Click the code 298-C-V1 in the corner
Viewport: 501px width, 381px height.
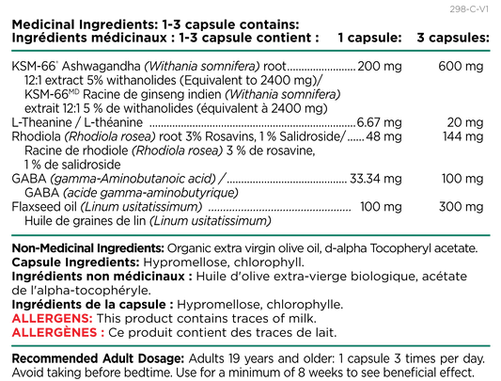click(469, 9)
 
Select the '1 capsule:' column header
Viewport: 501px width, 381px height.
click(369, 38)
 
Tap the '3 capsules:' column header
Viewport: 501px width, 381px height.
click(453, 38)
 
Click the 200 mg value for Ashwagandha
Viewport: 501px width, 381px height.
click(379, 66)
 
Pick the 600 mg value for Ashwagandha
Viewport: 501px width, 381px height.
click(461, 66)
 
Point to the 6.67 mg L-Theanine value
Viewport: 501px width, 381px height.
click(379, 122)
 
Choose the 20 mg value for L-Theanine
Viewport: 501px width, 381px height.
click(465, 122)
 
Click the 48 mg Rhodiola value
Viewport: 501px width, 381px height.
click(384, 136)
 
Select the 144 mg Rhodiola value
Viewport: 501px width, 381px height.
click(463, 136)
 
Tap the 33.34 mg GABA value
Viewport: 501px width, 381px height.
click(376, 179)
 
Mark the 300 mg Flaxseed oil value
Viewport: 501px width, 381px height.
click(462, 207)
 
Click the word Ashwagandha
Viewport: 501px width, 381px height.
click(101, 66)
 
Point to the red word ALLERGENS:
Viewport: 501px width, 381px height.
click(53, 319)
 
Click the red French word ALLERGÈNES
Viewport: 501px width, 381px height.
click(55, 332)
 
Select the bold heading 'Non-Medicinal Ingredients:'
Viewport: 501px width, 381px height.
click(87, 248)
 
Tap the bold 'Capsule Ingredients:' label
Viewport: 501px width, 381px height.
click(76, 262)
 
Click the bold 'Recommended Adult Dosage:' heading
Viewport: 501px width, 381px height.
click(98, 358)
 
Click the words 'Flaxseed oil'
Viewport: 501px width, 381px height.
click(44, 207)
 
